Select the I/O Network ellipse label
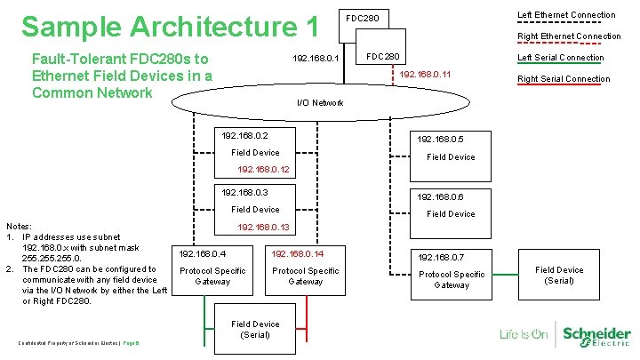coord(319,103)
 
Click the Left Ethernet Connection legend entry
coord(565,15)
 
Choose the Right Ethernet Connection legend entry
coord(569,36)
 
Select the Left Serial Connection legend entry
coord(560,58)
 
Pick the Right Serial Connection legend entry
coord(564,79)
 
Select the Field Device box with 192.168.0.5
coord(451,148)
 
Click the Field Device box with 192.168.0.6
coord(451,205)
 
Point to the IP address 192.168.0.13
coord(262,227)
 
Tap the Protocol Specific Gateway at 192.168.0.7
coord(452,271)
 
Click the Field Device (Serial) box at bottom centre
coord(255,329)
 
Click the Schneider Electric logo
coord(595,335)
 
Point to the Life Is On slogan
coord(524,335)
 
